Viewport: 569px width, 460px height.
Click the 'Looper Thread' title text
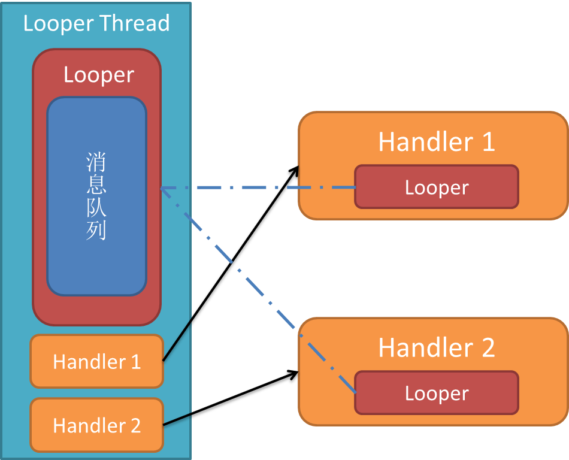pyautogui.click(x=96, y=23)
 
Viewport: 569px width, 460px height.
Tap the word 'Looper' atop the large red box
pyautogui.click(x=99, y=75)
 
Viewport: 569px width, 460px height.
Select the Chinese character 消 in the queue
pyautogui.click(x=96, y=162)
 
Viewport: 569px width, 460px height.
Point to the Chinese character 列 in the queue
pyautogui.click(x=96, y=230)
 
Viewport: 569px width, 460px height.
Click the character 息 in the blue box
pyautogui.click(x=96, y=184)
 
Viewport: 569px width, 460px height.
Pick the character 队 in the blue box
pyautogui.click(x=96, y=207)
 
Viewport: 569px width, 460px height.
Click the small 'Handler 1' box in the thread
pyautogui.click(x=96, y=362)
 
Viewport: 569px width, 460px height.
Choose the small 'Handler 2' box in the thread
pyautogui.click(x=96, y=425)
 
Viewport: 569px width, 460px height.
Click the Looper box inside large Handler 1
pyautogui.click(x=437, y=187)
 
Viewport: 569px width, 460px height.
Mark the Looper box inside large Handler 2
pyautogui.click(x=437, y=393)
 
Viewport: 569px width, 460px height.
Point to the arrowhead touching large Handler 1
pyautogui.click(x=293, y=172)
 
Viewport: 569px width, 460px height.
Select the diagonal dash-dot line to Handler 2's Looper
pyautogui.click(x=264, y=293)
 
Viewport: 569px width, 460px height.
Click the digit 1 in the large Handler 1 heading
pyautogui.click(x=488, y=142)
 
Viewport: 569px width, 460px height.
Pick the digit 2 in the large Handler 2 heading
pyautogui.click(x=487, y=348)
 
